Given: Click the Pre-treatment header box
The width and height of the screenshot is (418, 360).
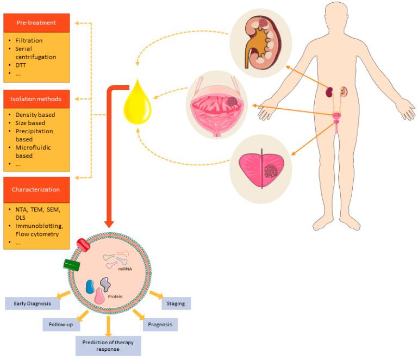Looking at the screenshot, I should (x=36, y=23).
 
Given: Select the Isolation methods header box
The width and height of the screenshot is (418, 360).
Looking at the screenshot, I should (x=36, y=99).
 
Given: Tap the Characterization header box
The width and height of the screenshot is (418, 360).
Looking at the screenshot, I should (x=36, y=190).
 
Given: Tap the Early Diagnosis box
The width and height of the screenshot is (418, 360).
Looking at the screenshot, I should (x=32, y=303).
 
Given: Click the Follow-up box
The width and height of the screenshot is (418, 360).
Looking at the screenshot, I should (x=61, y=324).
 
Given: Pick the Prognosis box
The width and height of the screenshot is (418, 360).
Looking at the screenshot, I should (x=160, y=325).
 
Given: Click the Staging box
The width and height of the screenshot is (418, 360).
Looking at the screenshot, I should (x=176, y=303).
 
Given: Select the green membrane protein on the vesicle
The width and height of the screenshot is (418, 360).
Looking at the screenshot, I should (x=72, y=265).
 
